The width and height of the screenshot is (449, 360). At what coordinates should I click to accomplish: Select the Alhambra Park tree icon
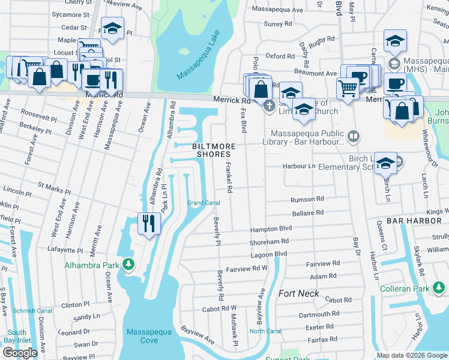(128, 265)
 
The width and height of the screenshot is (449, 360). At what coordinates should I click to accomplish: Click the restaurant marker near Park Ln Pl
(148, 223)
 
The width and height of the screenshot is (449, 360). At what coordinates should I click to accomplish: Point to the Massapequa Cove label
(149, 336)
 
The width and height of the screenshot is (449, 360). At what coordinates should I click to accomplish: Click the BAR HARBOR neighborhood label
(414, 221)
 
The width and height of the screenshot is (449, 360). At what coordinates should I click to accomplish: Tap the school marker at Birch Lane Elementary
(385, 162)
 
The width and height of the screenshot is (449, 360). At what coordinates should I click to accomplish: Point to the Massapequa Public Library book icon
(354, 137)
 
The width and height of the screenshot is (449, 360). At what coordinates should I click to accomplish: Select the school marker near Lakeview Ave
(112, 28)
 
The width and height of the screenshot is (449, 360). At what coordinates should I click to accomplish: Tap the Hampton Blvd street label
(271, 229)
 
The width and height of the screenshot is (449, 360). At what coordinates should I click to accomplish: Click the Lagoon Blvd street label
(268, 254)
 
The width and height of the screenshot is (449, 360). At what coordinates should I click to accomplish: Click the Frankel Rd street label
(229, 176)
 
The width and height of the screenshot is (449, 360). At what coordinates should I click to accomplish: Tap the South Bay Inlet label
(17, 337)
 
